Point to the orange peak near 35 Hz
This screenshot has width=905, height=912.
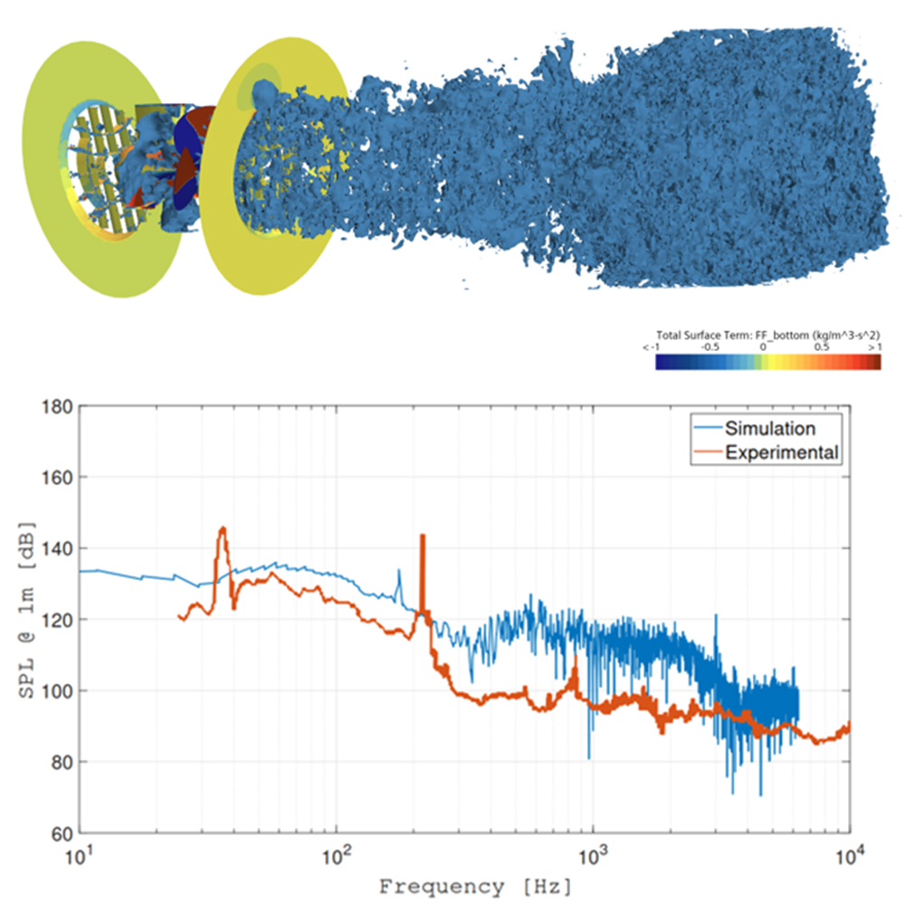click(x=222, y=528)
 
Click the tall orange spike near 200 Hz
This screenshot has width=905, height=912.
click(x=422, y=537)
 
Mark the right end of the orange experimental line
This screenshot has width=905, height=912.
click(x=849, y=725)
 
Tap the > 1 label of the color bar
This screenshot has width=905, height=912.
click(x=872, y=346)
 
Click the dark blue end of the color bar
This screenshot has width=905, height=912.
click(x=662, y=362)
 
